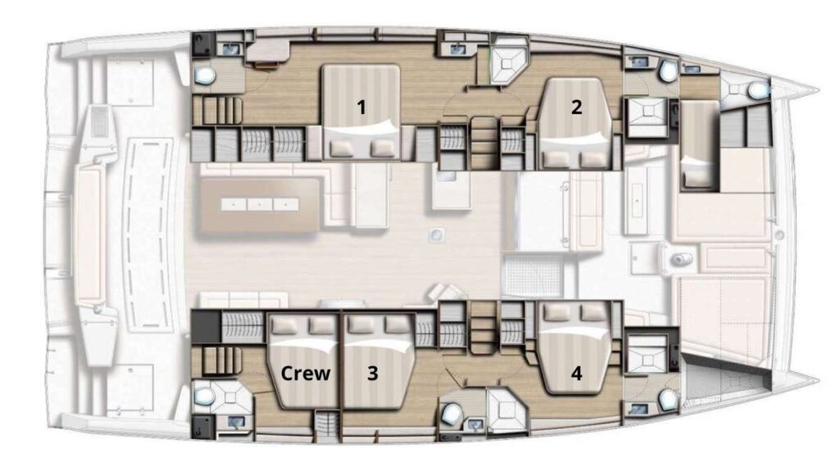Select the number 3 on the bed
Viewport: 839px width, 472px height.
click(x=373, y=373)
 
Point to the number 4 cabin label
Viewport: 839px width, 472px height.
click(x=577, y=373)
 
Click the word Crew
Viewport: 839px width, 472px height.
click(x=306, y=373)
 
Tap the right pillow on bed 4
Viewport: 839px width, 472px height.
click(x=591, y=312)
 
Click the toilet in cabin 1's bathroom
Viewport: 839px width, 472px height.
click(x=204, y=76)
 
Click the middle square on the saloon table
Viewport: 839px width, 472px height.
click(x=258, y=202)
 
